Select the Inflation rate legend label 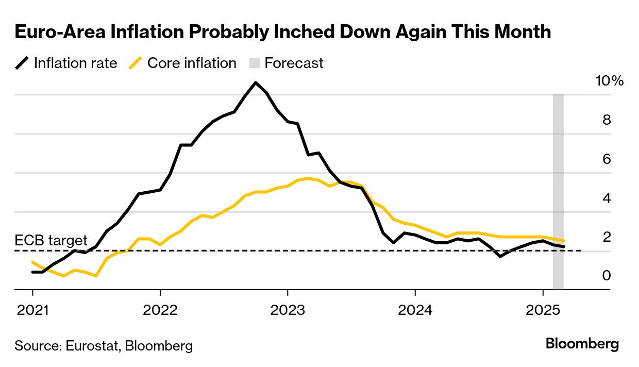(x=75, y=63)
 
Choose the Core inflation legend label (x=192, y=63)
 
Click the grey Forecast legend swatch (x=255, y=63)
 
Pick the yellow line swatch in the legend (x=135, y=63)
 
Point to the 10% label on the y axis (x=609, y=81)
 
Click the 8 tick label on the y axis (x=606, y=120)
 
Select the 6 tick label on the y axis (x=606, y=159)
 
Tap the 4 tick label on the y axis (x=606, y=198)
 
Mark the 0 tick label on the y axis (x=606, y=276)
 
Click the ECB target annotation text (x=51, y=240)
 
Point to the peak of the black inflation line (x=255, y=82)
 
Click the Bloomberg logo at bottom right (x=582, y=344)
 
